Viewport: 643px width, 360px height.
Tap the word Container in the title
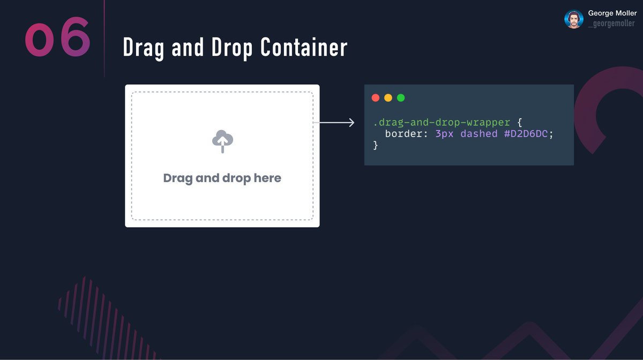point(304,48)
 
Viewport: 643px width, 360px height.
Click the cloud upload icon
point(222,141)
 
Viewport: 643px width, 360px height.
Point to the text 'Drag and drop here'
point(222,178)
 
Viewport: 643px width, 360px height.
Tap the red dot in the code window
point(376,98)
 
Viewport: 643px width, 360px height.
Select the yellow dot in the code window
point(388,98)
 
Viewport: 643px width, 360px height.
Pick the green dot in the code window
point(401,98)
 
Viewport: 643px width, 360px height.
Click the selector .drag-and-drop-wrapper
point(442,123)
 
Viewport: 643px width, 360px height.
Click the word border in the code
point(403,134)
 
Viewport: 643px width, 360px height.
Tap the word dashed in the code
point(479,134)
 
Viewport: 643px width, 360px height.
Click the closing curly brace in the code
point(376,145)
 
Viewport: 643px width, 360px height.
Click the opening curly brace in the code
point(519,123)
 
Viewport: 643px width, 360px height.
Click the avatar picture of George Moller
point(574,19)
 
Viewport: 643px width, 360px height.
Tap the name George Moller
point(612,13)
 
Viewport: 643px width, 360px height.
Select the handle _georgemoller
point(611,24)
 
